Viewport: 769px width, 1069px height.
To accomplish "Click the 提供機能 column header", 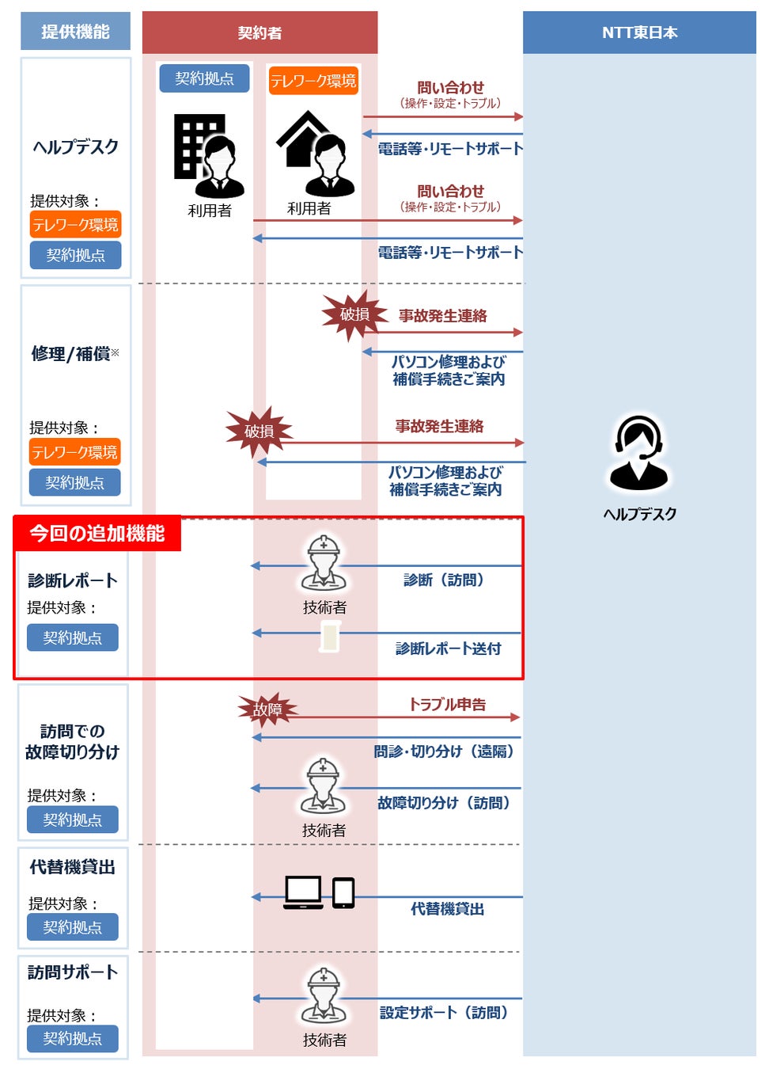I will click(x=75, y=32).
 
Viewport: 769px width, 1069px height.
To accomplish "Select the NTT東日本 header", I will click(x=639, y=32).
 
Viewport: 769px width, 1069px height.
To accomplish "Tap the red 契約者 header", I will click(x=259, y=32).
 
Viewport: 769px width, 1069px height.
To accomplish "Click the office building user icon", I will click(x=208, y=156).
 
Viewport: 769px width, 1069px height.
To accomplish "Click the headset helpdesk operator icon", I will click(x=638, y=453).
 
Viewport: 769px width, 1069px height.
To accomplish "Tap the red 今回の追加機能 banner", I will click(x=97, y=534).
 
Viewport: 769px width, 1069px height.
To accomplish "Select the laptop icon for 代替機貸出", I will click(x=304, y=892).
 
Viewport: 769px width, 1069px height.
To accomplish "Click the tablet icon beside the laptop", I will click(x=343, y=892).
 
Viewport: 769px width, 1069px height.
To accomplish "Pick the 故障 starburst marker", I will click(x=267, y=709).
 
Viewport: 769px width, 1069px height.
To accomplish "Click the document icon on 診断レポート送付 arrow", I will click(x=330, y=637).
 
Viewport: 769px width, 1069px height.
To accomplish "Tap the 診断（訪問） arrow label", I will click(x=443, y=580).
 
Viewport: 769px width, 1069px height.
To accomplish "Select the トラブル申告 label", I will click(x=447, y=704).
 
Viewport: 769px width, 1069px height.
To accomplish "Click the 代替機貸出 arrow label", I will click(x=447, y=909).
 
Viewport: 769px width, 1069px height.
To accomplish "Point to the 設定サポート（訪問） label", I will click(x=443, y=1013).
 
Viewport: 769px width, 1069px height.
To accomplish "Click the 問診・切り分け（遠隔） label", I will click(x=443, y=751).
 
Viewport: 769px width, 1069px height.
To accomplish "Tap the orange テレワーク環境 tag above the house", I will click(x=313, y=81).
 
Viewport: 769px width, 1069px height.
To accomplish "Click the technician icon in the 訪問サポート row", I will click(x=323, y=995).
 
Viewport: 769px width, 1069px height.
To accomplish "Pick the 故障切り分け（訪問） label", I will click(x=443, y=803).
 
